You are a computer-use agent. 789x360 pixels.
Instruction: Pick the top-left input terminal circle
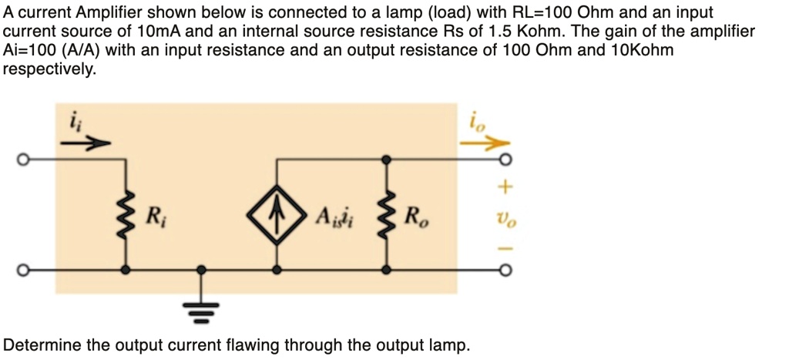point(24,160)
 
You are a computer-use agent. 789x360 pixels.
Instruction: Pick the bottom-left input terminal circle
point(24,271)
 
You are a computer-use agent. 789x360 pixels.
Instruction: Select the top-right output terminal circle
point(505,160)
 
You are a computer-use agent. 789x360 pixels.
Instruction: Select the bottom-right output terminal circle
point(505,271)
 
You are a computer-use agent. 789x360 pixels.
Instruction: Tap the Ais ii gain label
point(334,215)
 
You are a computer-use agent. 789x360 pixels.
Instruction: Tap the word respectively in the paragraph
point(49,69)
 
